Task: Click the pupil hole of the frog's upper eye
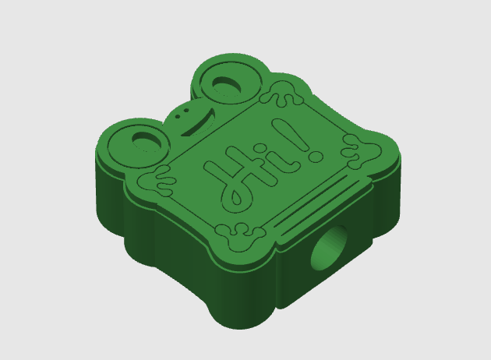227,85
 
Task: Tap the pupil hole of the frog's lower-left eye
147,142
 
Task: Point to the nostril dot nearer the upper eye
186,111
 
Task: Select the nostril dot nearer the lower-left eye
178,116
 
